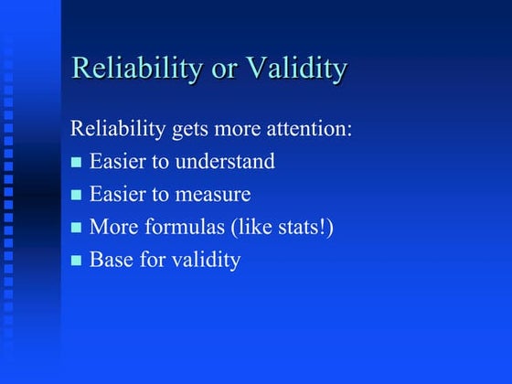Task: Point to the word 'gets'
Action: [x=190, y=130]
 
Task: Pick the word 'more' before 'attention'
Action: [x=240, y=129]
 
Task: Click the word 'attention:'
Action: [x=312, y=129]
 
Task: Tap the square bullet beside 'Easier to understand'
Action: [x=77, y=163]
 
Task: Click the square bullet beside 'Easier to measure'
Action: [x=77, y=196]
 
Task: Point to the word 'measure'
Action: [x=218, y=195]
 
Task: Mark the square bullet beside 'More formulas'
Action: [x=77, y=229]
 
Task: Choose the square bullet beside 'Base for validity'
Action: [x=77, y=261]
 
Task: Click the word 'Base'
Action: [x=111, y=261]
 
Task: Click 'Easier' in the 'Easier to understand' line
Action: [x=118, y=162]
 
